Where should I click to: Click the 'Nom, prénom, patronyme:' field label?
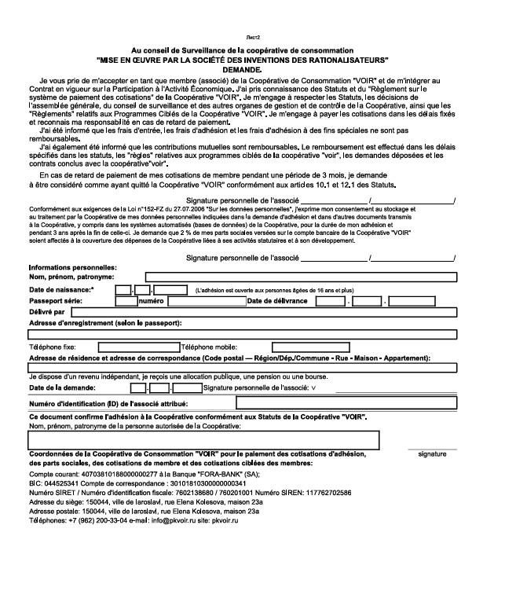[71, 277]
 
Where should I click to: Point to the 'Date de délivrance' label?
[279, 301]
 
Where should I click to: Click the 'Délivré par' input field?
[271, 312]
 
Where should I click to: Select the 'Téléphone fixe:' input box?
[137, 346]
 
